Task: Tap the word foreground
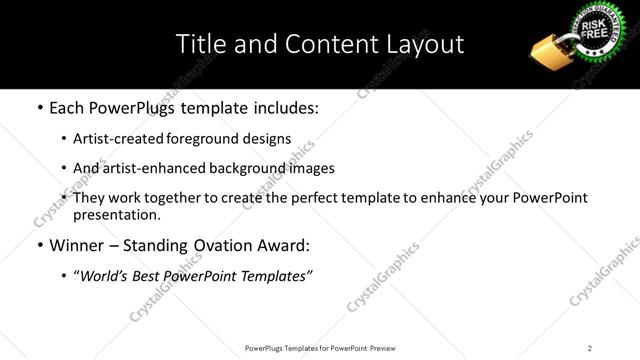click(210, 139)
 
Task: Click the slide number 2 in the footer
click(589, 347)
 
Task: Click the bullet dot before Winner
click(39, 246)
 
